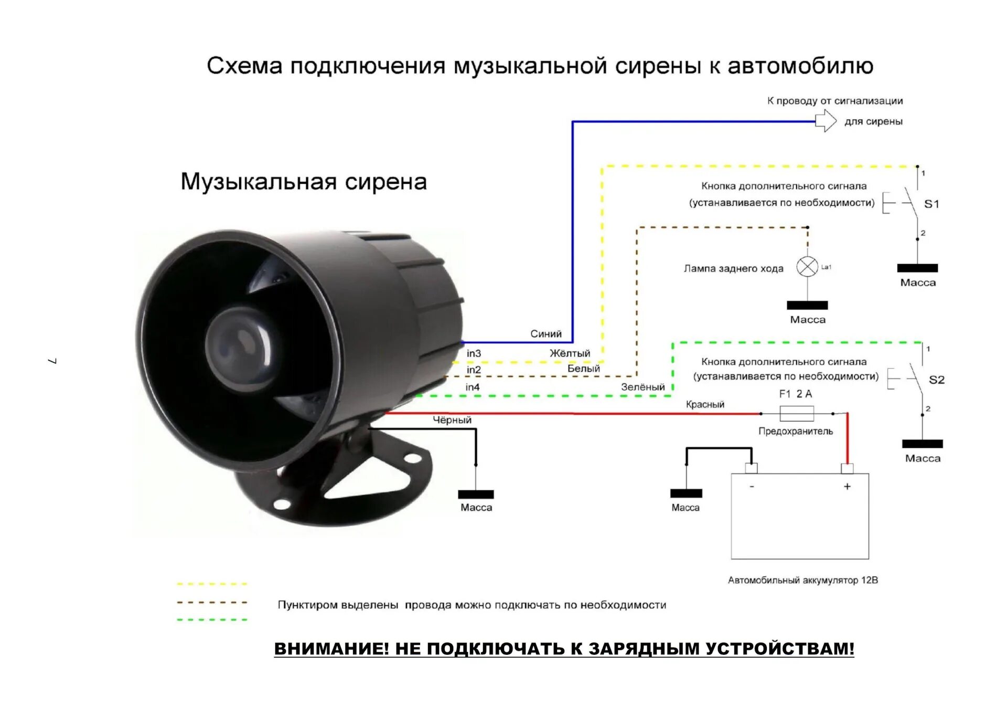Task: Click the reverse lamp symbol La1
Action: point(807,267)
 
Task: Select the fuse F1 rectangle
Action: point(797,414)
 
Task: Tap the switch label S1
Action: point(931,204)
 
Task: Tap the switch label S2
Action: point(936,380)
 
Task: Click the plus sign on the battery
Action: point(847,487)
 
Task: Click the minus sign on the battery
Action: point(752,487)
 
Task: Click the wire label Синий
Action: point(545,334)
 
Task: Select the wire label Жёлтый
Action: point(570,353)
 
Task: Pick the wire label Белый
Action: point(583,369)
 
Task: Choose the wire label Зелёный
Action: point(642,387)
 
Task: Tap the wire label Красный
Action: point(705,404)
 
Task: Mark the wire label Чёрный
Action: point(452,420)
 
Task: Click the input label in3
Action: point(474,354)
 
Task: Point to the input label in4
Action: point(473,387)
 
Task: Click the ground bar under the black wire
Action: point(476,495)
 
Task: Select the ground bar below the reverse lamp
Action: point(807,306)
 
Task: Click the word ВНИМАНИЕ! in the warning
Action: point(331,649)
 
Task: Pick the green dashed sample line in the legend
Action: point(212,620)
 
